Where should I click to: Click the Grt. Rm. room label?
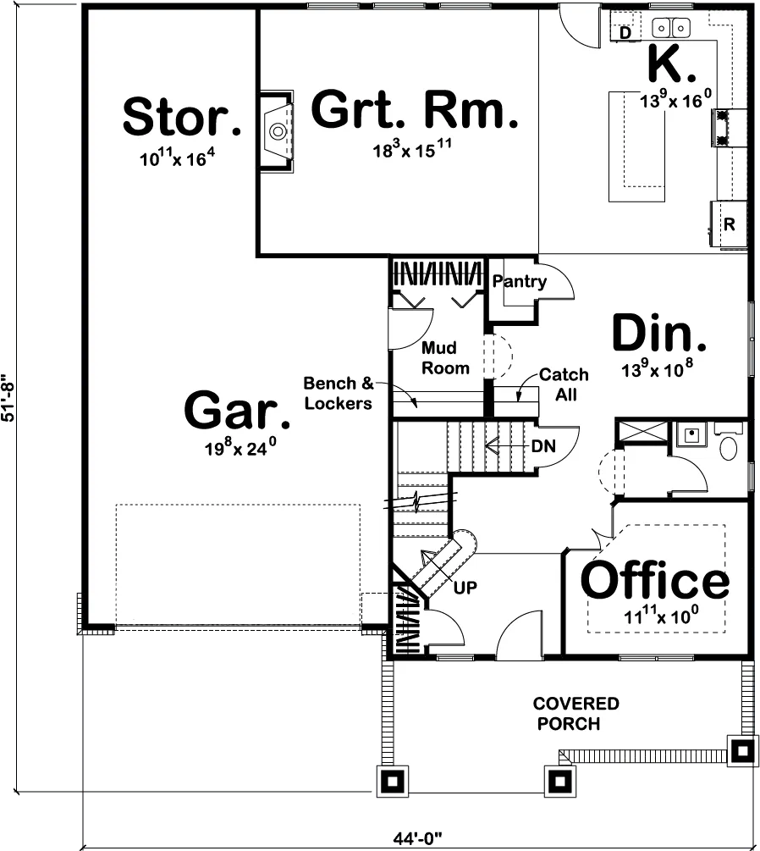click(415, 111)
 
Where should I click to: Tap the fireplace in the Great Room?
click(277, 131)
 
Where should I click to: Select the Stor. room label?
click(182, 116)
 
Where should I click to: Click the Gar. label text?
click(238, 411)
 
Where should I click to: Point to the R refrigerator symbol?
click(729, 224)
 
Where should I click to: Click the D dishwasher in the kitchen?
click(625, 33)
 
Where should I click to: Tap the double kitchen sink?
click(670, 26)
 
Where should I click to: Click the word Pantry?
click(519, 281)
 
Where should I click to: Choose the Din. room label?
click(659, 333)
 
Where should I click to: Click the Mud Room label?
click(445, 357)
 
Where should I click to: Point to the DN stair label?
click(543, 446)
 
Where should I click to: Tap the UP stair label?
click(465, 588)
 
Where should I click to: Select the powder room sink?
click(691, 434)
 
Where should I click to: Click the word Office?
click(655, 580)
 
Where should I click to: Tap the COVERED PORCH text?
click(575, 713)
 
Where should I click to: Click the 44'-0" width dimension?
click(418, 839)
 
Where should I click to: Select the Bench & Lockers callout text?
click(339, 393)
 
